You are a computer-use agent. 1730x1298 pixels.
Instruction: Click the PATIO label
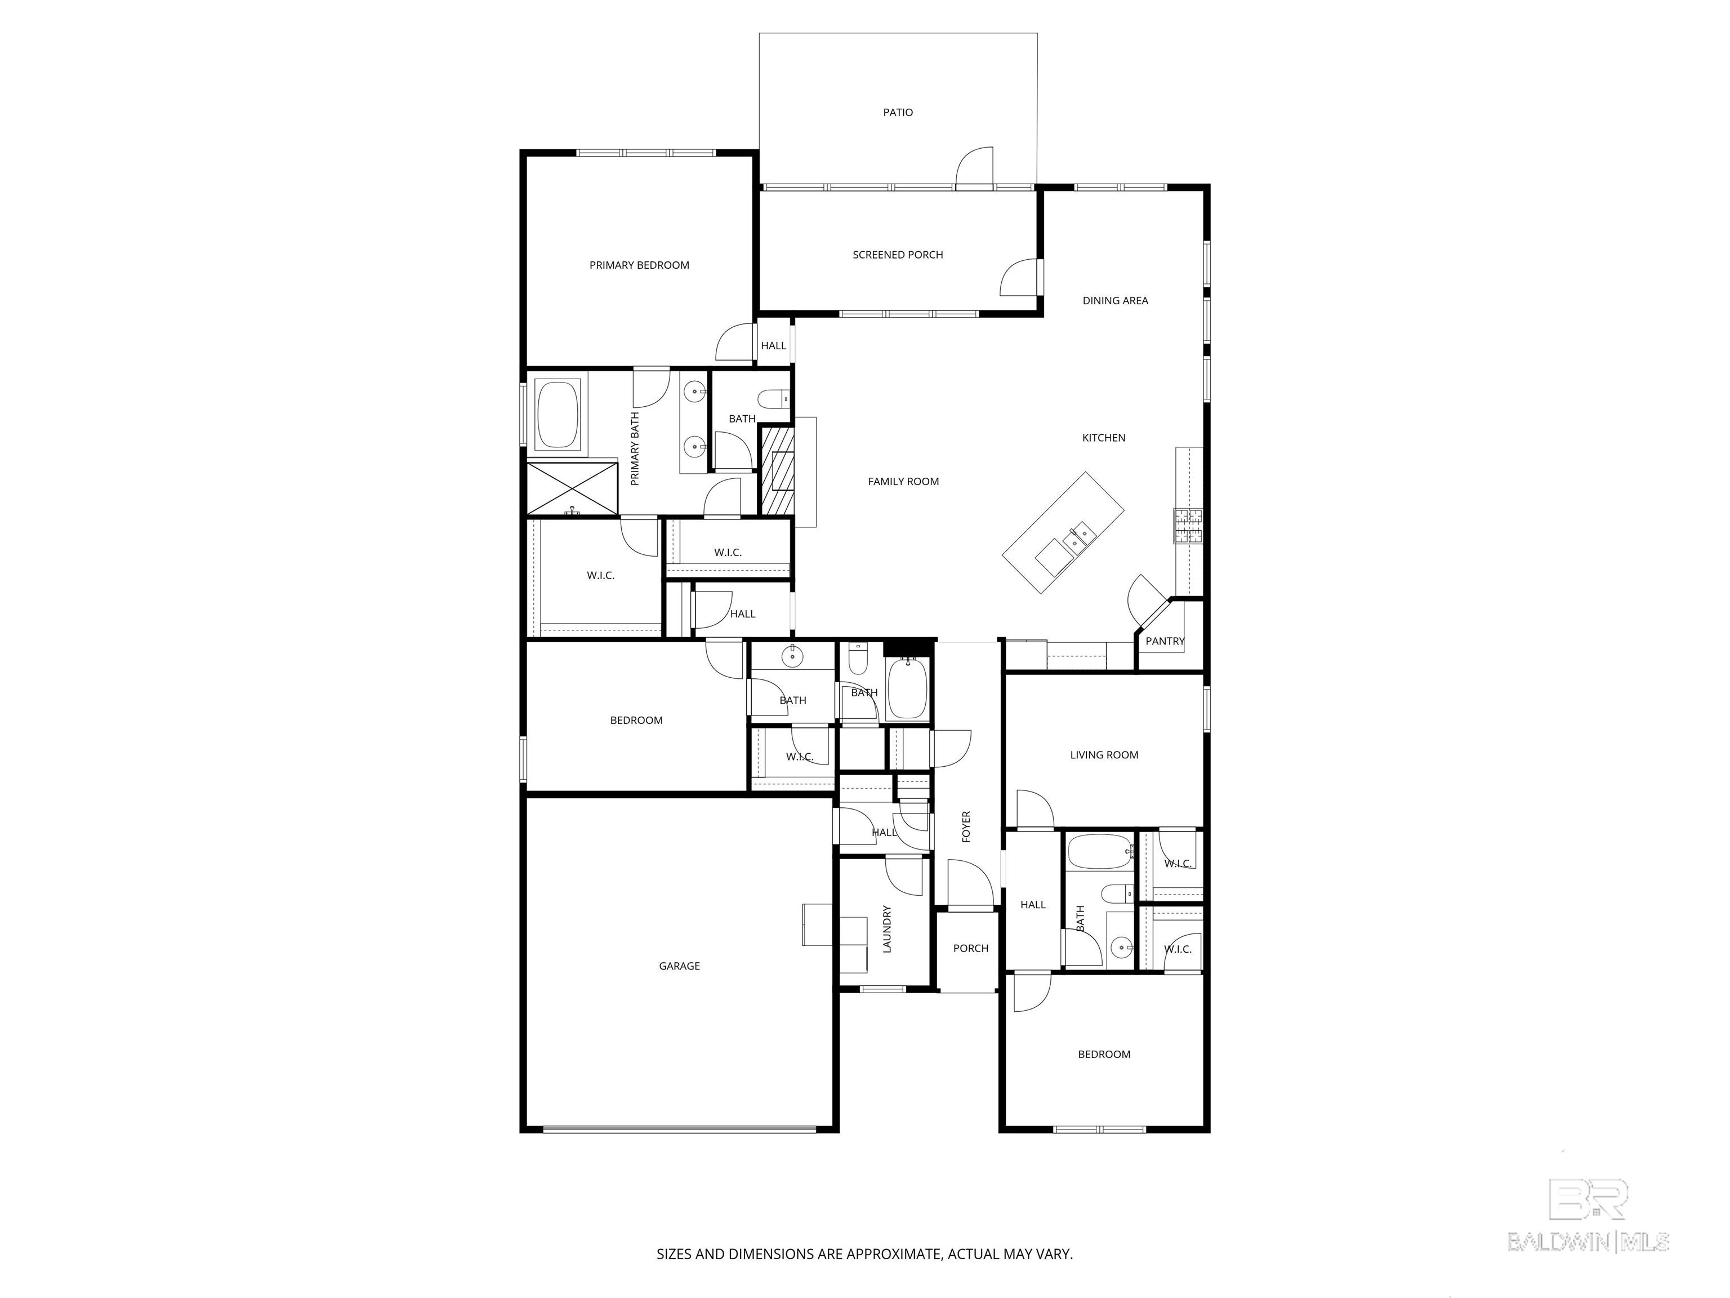(x=898, y=113)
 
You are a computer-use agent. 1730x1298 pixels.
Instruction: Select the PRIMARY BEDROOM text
(x=639, y=265)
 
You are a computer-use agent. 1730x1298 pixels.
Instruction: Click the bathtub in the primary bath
(x=558, y=414)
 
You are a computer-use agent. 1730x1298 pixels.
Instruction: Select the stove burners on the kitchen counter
(x=1187, y=526)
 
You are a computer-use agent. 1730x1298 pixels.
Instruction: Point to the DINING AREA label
(x=1115, y=300)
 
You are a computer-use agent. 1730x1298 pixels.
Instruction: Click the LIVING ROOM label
(x=1104, y=755)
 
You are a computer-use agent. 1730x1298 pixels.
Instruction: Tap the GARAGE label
(x=679, y=966)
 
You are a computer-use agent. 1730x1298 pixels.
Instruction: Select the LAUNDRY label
(x=887, y=930)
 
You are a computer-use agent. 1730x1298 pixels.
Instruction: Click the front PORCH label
(x=970, y=948)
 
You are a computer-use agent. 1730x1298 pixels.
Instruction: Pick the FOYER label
(x=966, y=826)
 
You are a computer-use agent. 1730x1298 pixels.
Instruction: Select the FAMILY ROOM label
(x=903, y=482)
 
